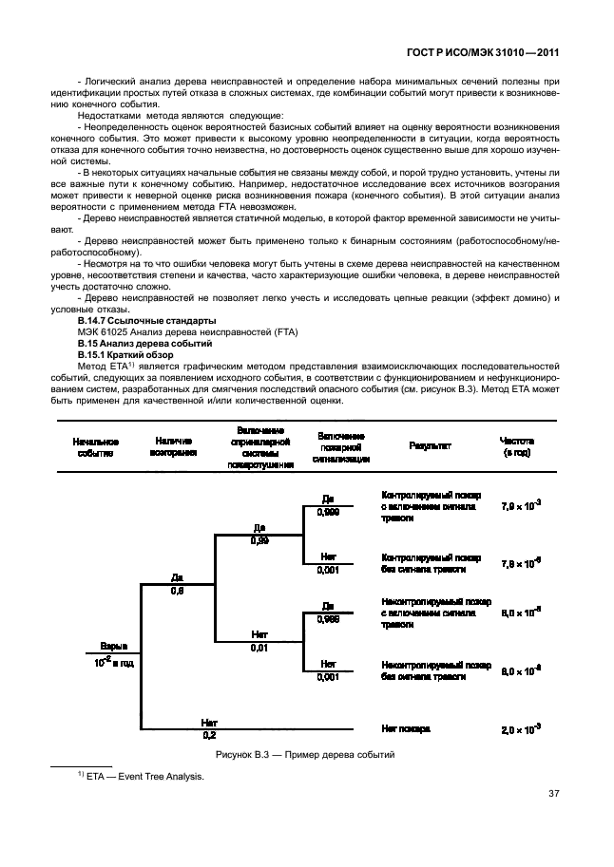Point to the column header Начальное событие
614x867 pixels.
(94, 447)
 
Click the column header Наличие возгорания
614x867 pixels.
(173, 447)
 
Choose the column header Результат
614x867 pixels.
(430, 444)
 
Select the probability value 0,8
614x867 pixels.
(177, 591)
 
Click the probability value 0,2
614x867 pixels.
(209, 735)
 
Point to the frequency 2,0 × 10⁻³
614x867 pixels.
(521, 728)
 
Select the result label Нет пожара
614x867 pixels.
(406, 728)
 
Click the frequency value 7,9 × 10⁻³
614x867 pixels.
(521, 506)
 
